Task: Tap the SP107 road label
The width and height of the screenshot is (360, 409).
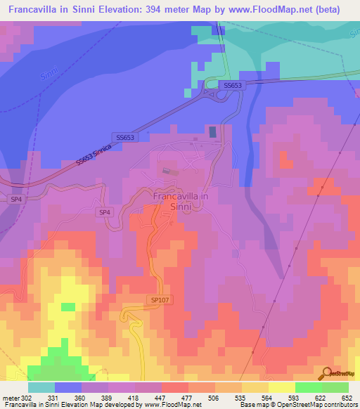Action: point(160,299)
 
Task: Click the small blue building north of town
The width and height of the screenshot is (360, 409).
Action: point(213,131)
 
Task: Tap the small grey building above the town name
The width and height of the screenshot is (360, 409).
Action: point(166,170)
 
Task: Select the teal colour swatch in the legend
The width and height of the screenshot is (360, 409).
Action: point(41,387)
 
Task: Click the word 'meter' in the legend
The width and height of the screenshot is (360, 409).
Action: point(11,398)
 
